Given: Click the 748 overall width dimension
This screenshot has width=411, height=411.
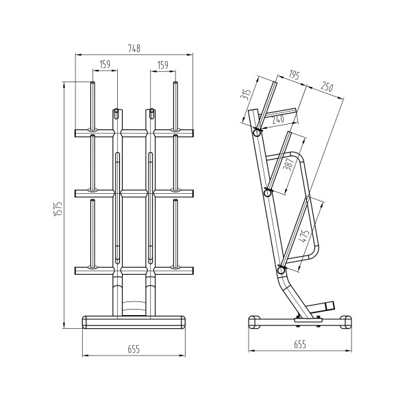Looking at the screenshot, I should [x=134, y=48].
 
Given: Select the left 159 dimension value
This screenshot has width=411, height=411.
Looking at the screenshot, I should [x=105, y=64].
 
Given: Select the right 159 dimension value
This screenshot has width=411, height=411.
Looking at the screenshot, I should [x=163, y=64].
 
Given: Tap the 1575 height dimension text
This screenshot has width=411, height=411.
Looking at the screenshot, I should [x=59, y=210].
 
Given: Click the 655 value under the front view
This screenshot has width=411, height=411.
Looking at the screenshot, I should [x=134, y=349].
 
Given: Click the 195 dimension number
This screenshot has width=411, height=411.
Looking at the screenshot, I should [x=295, y=74].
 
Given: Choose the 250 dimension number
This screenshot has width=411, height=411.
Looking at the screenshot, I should [x=326, y=88].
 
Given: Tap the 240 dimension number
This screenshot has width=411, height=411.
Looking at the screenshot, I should [x=277, y=118].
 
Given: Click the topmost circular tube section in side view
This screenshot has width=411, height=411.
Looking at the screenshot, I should [x=257, y=134].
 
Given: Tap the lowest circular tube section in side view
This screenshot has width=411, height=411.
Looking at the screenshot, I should [x=281, y=271].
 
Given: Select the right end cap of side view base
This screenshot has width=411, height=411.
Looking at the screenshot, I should [x=347, y=321].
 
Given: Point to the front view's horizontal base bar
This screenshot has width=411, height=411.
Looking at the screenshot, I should [x=134, y=320].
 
